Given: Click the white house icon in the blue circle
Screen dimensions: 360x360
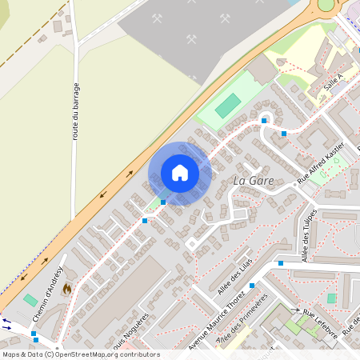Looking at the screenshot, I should click(x=180, y=173).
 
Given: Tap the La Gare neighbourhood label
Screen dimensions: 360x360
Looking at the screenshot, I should click(x=253, y=181).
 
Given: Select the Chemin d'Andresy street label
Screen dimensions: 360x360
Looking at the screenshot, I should click(x=48, y=295).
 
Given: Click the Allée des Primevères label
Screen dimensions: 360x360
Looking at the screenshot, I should click(x=243, y=330).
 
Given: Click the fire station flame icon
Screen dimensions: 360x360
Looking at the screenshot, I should click(x=66, y=286).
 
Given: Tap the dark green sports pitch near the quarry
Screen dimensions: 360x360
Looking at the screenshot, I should click(x=228, y=104).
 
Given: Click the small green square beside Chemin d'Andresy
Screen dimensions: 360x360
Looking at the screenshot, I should click(x=30, y=300).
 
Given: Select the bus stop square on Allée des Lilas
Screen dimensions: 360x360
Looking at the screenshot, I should click(x=252, y=285).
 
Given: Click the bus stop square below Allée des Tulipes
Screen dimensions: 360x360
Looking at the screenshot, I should click(x=281, y=262).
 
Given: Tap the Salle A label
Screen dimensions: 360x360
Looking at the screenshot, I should click(x=334, y=80).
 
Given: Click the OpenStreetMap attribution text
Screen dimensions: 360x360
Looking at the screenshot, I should click(x=80, y=354).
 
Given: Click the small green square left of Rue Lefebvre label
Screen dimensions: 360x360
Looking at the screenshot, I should click(x=331, y=298).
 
